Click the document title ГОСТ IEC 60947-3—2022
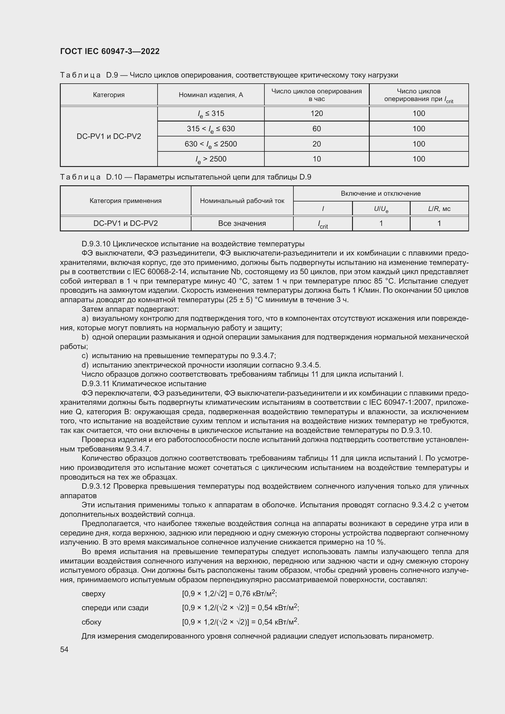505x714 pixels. pyautogui.click(x=110, y=51)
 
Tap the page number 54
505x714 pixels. pyautogui.click(x=64, y=649)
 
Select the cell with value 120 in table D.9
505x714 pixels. pyautogui.click(x=316, y=114)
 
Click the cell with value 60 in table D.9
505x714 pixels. pyautogui.click(x=316, y=129)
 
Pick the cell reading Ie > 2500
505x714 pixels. pyautogui.click(x=211, y=159)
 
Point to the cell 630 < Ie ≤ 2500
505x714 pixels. pyautogui.click(x=211, y=144)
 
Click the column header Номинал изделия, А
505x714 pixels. pyautogui.click(x=211, y=95)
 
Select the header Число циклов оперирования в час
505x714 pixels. pyautogui.click(x=316, y=95)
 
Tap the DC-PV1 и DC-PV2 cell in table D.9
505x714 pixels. pyautogui.click(x=108, y=136)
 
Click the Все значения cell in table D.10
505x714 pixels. pyautogui.click(x=242, y=223)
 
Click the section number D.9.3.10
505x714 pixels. pyautogui.click(x=96, y=244)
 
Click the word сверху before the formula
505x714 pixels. pyautogui.click(x=93, y=594)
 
